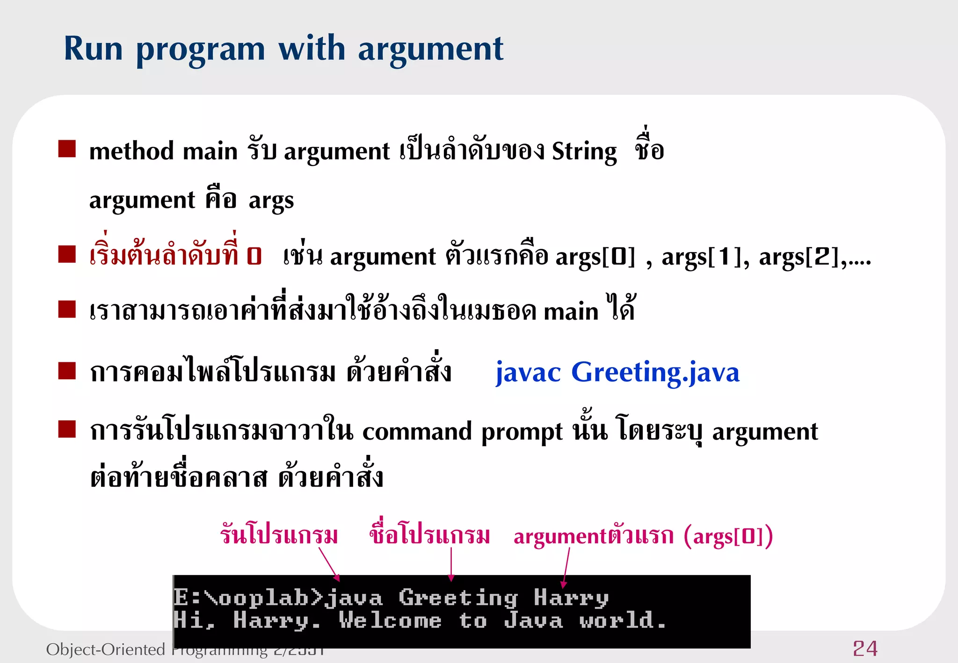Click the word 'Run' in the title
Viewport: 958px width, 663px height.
point(93,49)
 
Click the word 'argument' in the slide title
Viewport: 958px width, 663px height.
point(430,50)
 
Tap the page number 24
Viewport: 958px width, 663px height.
point(865,649)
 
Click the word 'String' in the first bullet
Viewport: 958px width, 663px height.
point(584,151)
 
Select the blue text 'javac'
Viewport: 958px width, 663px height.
point(528,373)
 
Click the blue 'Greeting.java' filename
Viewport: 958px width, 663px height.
point(655,373)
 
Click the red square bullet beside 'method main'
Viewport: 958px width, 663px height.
point(67,149)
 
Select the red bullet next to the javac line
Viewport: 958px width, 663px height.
point(67,371)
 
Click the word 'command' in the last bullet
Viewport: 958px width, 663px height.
point(416,432)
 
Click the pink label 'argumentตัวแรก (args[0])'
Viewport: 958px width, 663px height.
point(643,536)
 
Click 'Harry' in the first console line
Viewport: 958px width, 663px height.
point(571,598)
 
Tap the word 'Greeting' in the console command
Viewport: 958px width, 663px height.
point(458,598)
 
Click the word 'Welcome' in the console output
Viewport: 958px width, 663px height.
point(390,621)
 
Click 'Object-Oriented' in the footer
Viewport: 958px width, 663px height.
point(106,649)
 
